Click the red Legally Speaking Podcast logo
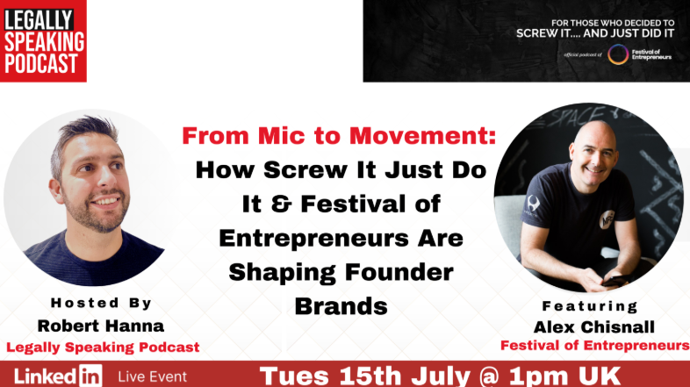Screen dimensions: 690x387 [x=43, y=41]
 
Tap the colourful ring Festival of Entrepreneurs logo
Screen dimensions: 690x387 [x=618, y=54]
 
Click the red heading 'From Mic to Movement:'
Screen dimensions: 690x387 [x=339, y=136]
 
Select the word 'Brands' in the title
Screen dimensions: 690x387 [x=341, y=306]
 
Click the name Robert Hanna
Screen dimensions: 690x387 [x=101, y=326]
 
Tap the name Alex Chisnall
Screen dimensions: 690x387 [x=594, y=327]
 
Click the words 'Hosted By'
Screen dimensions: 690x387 [x=101, y=303]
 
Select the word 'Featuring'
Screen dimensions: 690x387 [x=590, y=306]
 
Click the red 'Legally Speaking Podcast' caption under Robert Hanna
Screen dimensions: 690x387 [x=103, y=347]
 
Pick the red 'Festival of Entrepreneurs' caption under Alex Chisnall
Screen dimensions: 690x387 [x=595, y=346]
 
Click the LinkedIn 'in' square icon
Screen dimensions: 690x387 [x=90, y=376]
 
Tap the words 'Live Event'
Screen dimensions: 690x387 [x=152, y=376]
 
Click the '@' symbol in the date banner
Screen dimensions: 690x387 [x=490, y=376]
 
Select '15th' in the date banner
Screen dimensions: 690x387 [x=370, y=376]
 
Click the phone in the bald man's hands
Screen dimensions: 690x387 [x=616, y=281]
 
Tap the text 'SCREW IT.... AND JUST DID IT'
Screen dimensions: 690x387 [x=595, y=33]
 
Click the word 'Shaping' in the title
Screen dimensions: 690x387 [x=282, y=273]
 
